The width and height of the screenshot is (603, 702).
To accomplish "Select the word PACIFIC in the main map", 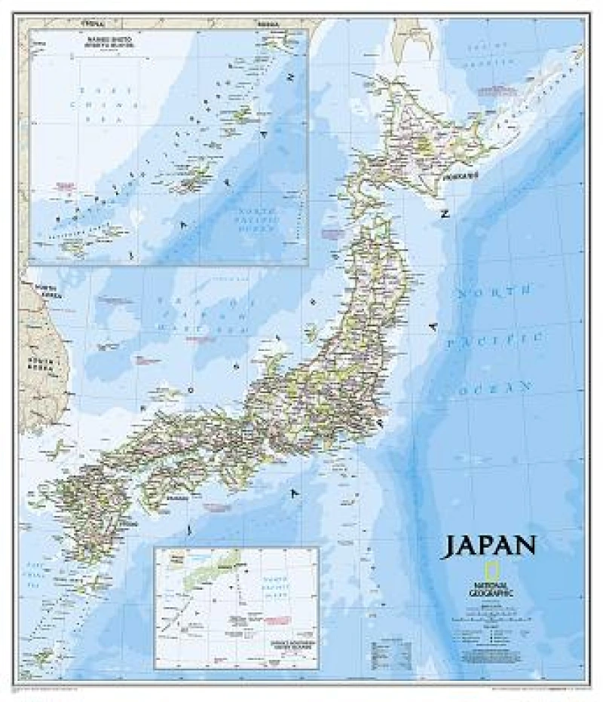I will coord(493,340).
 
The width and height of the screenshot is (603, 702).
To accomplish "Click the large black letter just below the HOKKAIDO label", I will coord(445,214).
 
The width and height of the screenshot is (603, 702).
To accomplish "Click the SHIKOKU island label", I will coord(175,498).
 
